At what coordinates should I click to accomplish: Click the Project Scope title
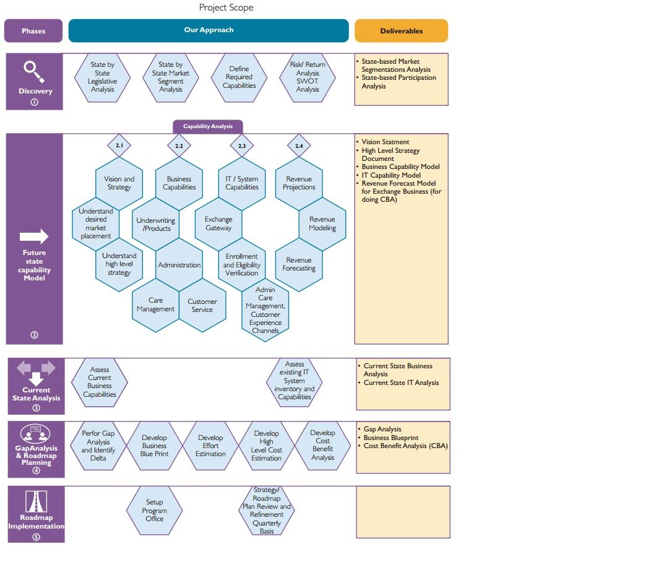226,7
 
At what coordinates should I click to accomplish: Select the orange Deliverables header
401,31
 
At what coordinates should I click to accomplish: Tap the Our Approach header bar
209,30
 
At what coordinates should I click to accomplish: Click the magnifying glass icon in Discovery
35,71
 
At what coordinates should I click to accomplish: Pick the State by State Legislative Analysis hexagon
103,77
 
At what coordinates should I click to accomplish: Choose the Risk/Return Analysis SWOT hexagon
308,77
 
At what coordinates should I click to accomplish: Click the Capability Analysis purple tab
208,126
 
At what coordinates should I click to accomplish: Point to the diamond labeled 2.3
242,146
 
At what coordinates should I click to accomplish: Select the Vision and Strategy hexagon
119,183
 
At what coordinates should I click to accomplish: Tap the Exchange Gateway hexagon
218,223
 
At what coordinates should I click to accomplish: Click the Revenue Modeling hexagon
322,223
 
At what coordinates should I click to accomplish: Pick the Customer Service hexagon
202,306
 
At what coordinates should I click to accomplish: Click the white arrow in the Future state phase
35,236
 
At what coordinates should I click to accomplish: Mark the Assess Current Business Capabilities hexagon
100,382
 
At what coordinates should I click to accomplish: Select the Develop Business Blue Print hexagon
155,446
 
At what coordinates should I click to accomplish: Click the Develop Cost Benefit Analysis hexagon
323,446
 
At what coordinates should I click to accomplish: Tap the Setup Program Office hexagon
155,511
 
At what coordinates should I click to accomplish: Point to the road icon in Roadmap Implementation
36,501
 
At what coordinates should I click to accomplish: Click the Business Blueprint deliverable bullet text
391,438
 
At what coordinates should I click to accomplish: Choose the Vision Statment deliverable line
386,142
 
